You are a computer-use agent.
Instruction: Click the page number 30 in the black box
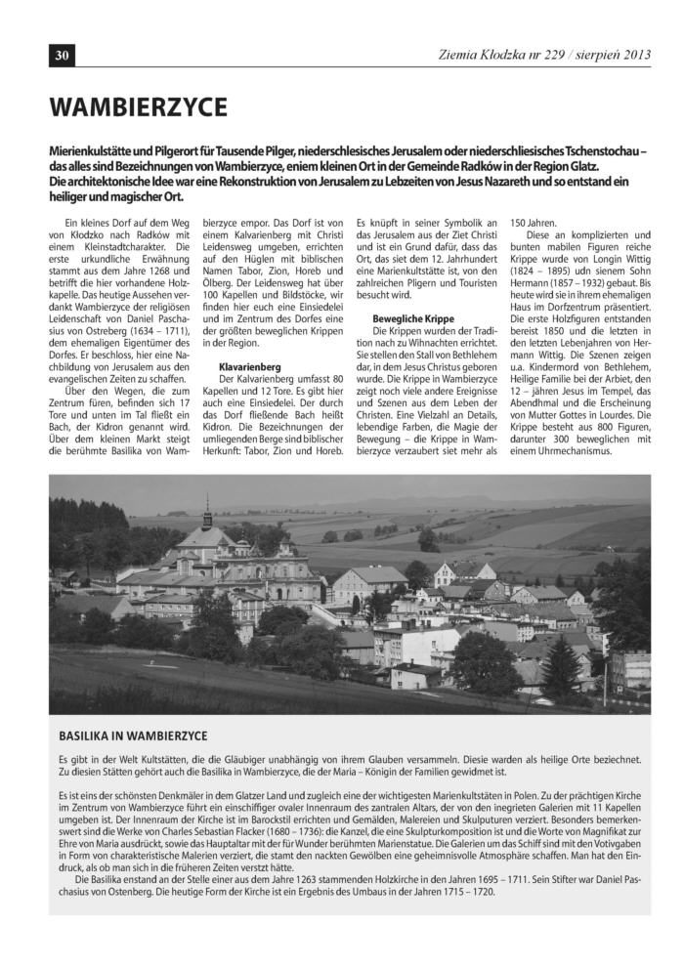click(x=61, y=56)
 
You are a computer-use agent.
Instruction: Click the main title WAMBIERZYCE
click(x=139, y=105)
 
